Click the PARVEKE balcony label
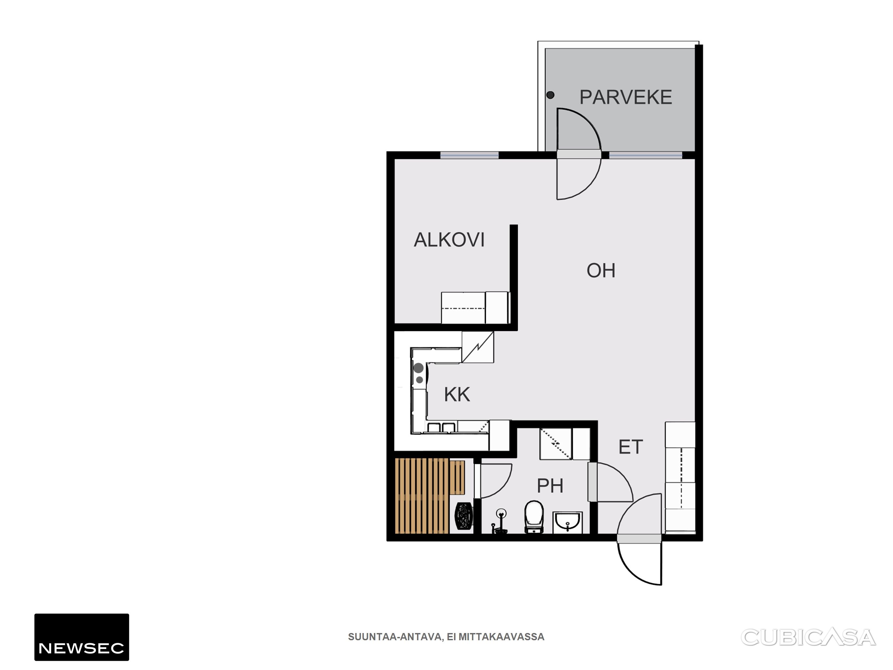pyautogui.click(x=626, y=97)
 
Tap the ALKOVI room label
pyautogui.click(x=449, y=240)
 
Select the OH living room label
pyautogui.click(x=601, y=271)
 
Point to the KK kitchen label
pyautogui.click(x=457, y=395)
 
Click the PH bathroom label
pyautogui.click(x=550, y=485)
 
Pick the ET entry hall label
pyautogui.click(x=631, y=447)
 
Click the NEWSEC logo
pyautogui.click(x=81, y=637)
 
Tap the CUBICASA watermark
pyautogui.click(x=808, y=637)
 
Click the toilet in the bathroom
pyautogui.click(x=534, y=517)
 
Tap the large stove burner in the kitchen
pyautogui.click(x=419, y=368)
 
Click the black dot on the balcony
pyautogui.click(x=550, y=95)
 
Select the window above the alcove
pyautogui.click(x=469, y=155)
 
